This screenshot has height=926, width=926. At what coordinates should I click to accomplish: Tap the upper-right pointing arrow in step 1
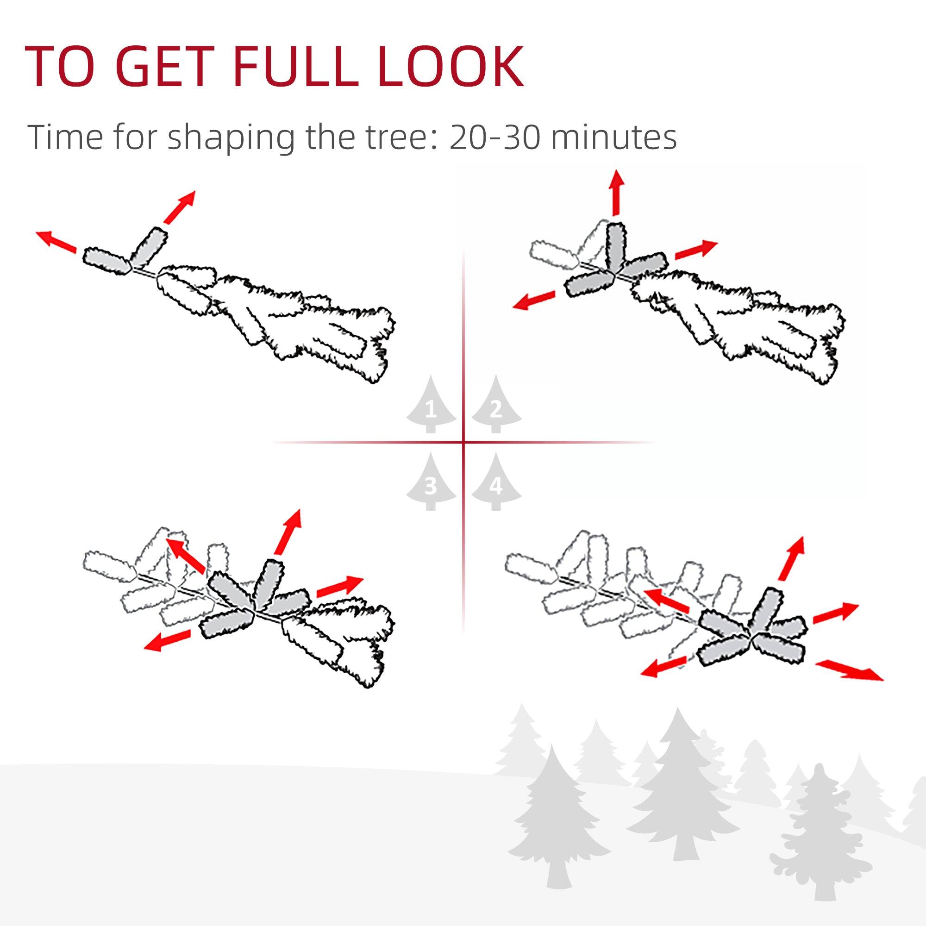179,206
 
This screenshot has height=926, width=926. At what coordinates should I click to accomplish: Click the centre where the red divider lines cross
463,442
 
